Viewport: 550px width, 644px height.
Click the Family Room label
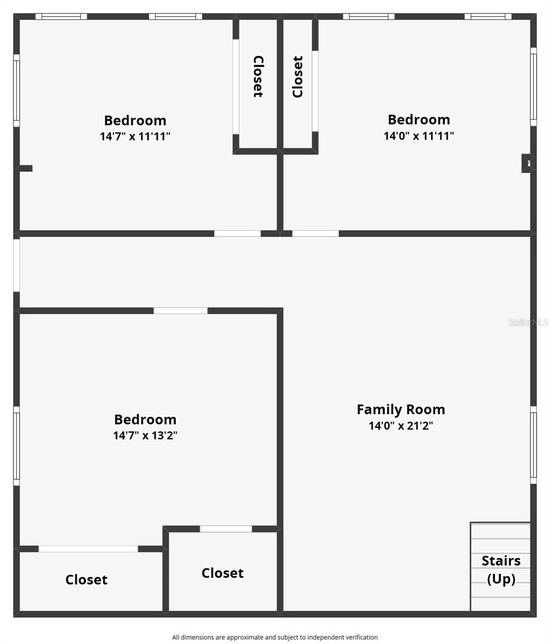[401, 409]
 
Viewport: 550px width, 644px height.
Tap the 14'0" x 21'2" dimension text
[401, 426]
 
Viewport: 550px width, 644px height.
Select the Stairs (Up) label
[501, 570]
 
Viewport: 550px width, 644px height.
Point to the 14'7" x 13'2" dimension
[145, 435]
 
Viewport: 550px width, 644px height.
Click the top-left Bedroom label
[135, 120]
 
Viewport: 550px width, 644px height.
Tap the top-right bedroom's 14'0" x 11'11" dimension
[419, 136]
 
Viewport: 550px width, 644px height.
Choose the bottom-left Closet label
[86, 580]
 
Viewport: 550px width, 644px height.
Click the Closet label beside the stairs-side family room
[223, 573]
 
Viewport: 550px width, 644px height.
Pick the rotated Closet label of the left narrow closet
[258, 77]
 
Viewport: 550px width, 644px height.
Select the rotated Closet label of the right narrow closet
[298, 77]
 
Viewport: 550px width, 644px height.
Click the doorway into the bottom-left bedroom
[180, 311]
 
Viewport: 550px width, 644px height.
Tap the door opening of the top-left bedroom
[237, 233]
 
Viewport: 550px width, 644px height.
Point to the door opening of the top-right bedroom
[316, 233]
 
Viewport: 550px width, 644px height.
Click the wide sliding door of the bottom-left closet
[89, 549]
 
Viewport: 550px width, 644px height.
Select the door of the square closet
[226, 529]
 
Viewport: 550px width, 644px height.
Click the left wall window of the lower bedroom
[17, 446]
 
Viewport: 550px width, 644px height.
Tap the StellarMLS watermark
[528, 322]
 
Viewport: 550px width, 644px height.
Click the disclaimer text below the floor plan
[275, 638]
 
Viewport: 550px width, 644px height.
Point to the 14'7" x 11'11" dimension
[135, 136]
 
